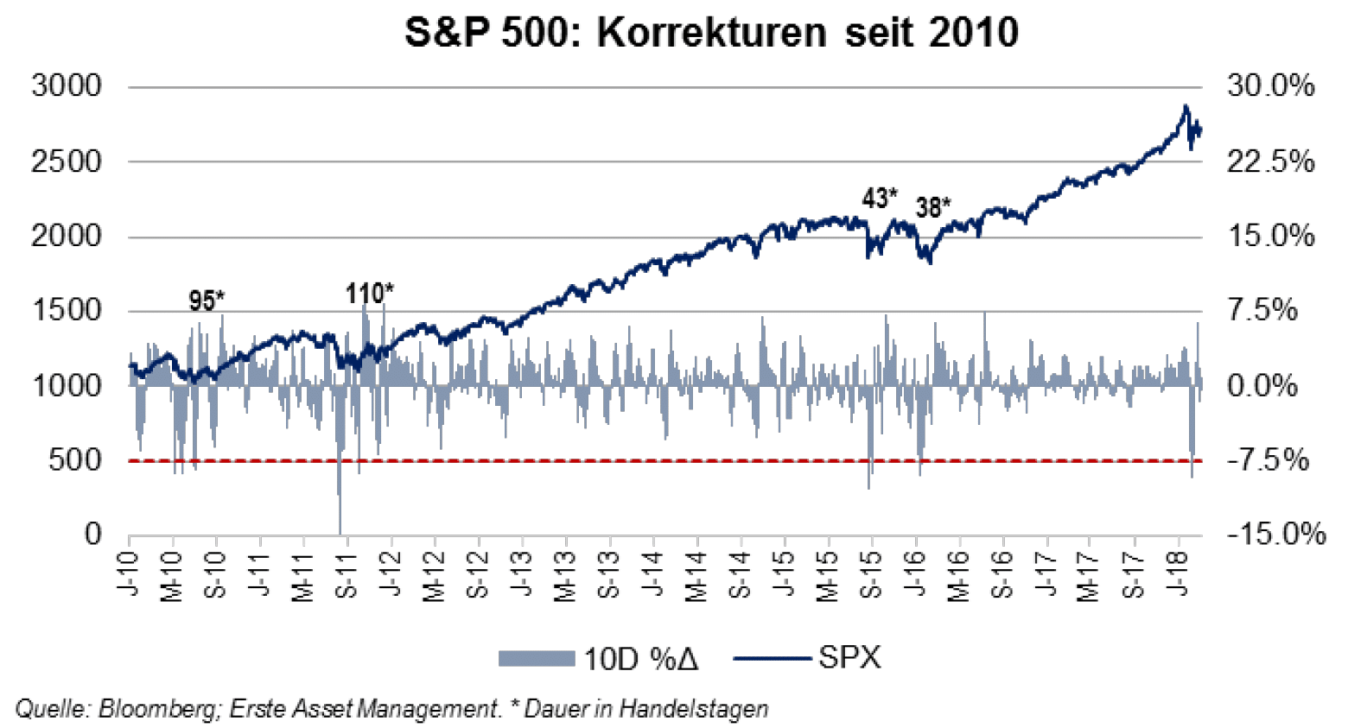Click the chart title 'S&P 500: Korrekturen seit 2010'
[x=711, y=33]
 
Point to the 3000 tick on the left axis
[x=67, y=86]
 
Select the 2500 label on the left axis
[x=67, y=161]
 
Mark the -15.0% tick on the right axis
[x=1275, y=535]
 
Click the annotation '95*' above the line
[x=207, y=301]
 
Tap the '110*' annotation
[x=370, y=294]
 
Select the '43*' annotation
[x=880, y=199]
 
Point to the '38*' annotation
[x=933, y=208]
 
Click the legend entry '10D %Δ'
[x=639, y=659]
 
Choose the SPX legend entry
[x=849, y=658]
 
